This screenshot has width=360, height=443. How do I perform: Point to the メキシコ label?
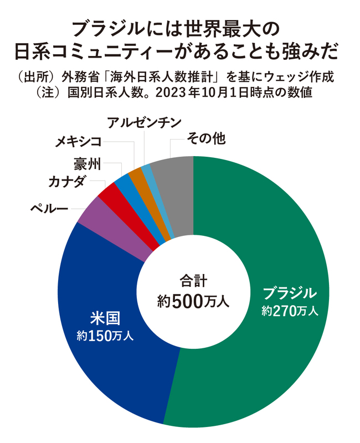(x=79, y=142)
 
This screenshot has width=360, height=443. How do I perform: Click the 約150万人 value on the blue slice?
(x=106, y=335)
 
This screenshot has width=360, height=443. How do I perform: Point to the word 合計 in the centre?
(x=193, y=280)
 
